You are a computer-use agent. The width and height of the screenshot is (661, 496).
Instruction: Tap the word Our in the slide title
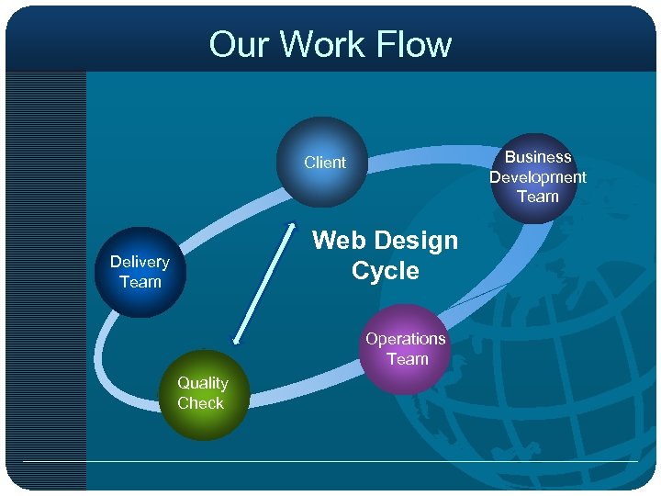tap(241, 44)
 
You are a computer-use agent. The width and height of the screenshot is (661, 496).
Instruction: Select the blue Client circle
tap(322, 163)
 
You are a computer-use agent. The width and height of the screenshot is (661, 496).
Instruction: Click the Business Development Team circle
tap(537, 177)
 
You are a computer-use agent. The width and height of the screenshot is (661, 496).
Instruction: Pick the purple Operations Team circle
tap(405, 349)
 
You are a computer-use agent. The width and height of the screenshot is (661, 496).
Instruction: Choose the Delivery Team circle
tap(140, 272)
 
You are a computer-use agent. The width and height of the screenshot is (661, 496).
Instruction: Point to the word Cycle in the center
tap(385, 271)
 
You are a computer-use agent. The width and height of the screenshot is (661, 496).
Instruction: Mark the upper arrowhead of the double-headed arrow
tap(293, 225)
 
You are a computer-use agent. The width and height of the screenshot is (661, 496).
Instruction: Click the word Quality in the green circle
tap(202, 383)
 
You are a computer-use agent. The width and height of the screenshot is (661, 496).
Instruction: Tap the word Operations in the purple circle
tap(405, 339)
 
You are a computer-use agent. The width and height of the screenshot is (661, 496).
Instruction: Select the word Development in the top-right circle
tap(537, 176)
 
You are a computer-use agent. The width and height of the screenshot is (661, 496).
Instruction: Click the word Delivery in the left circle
tap(140, 262)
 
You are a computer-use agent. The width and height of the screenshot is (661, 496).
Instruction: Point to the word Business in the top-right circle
tap(538, 157)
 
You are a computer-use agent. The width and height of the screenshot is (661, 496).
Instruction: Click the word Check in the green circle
tap(201, 403)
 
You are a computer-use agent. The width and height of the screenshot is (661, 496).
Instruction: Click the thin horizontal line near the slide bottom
tap(330, 461)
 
